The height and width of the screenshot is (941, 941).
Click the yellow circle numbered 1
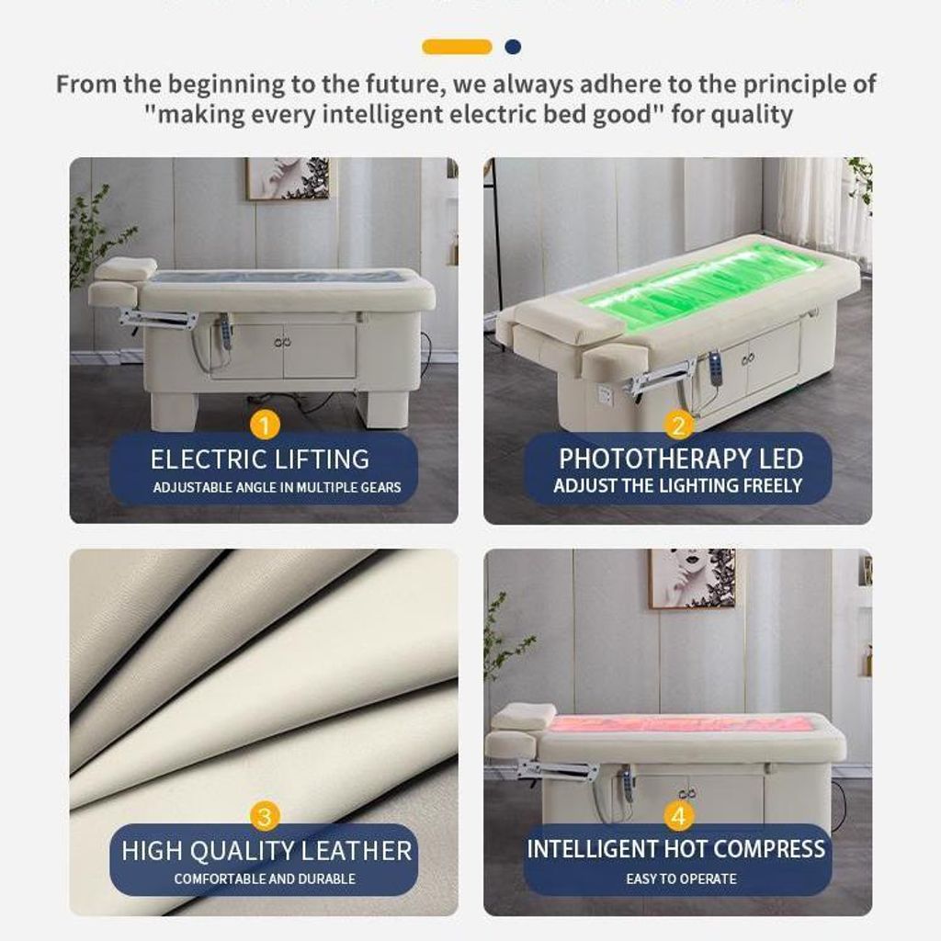265,425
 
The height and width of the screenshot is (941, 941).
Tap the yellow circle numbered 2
679,425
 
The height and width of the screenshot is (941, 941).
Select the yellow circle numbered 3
265,816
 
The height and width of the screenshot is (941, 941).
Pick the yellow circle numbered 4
679,816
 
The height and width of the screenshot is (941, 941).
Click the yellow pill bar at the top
458,47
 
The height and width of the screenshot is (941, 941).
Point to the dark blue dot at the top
513,47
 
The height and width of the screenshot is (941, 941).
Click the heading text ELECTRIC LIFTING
260,459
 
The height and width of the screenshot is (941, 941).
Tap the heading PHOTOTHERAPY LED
681,459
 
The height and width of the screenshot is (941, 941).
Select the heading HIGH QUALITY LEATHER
266,851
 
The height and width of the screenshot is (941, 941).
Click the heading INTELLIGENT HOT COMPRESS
676,849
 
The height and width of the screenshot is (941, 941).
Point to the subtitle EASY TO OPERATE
681,879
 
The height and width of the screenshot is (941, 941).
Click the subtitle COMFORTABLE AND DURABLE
265,879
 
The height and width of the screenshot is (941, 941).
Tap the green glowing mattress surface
697,287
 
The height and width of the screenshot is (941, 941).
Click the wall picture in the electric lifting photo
287,179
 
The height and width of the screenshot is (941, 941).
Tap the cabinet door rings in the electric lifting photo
282,343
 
